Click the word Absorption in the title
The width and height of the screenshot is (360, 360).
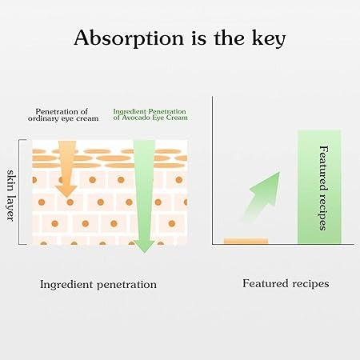tap(129, 38)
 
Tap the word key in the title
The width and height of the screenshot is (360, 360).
tap(269, 38)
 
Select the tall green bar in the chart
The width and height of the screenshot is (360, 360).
tap(319, 186)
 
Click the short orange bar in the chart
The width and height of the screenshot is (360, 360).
tap(246, 241)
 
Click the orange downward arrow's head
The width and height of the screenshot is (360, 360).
tap(66, 190)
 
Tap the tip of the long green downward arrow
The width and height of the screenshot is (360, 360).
tap(144, 253)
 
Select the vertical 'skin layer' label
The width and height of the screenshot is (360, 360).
tap(10, 195)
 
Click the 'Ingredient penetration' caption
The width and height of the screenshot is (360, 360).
tap(98, 285)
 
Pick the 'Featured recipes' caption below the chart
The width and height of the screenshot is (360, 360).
tap(286, 283)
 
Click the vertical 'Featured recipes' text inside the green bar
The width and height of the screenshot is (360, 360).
tap(323, 188)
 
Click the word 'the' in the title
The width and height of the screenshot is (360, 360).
tap(230, 38)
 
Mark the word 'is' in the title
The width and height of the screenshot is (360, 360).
tap(198, 39)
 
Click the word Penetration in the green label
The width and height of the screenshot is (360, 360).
tap(167, 111)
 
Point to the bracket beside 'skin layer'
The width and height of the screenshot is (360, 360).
tap(19, 192)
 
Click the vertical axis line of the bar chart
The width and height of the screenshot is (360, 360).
tap(213, 170)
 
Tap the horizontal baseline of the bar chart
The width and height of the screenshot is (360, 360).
tap(283, 244)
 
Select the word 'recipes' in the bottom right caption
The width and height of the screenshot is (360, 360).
tap(310, 284)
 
